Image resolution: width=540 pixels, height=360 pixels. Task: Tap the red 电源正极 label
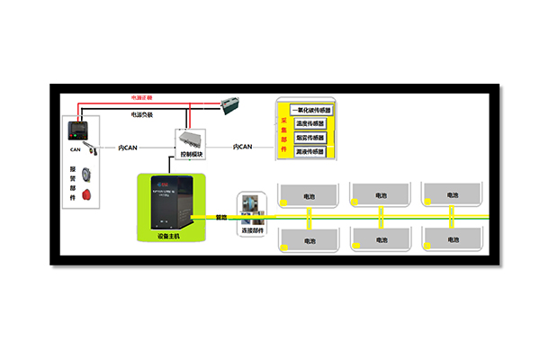142,96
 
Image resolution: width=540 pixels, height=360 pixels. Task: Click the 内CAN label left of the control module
128,148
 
